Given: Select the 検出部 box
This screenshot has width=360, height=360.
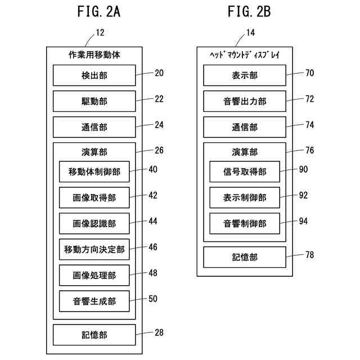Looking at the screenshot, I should coord(94,75).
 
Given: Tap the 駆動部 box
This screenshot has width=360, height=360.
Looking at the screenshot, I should coord(94,101).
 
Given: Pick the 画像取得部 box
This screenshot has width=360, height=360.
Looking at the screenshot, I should coord(94,197).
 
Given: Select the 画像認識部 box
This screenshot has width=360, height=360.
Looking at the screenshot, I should coord(94,223).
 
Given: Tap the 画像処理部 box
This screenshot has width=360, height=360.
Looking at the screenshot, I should coord(94,275).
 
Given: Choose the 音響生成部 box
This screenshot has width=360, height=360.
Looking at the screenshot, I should coord(94,301).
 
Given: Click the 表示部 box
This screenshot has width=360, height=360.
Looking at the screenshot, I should coord(245,75).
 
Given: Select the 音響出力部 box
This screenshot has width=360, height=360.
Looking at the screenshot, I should coord(245,101).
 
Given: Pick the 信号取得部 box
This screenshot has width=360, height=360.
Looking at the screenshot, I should coord(245,172).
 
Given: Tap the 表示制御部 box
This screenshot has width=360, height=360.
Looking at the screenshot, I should coord(245,197).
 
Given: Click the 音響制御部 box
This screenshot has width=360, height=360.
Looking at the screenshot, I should coord(245,223).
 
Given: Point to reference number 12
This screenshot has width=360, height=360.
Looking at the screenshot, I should coord(100,33).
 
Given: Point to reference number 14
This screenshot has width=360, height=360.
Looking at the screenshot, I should coord(251,33).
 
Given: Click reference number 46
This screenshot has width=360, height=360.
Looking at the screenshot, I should coord(153,247).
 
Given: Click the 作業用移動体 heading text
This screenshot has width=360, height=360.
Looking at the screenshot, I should coord(94,55).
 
